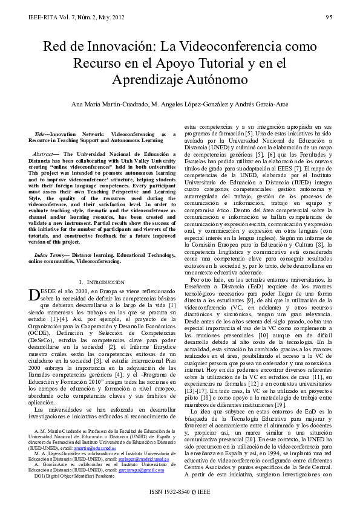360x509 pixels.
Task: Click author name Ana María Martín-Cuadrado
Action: (x=108, y=103)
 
